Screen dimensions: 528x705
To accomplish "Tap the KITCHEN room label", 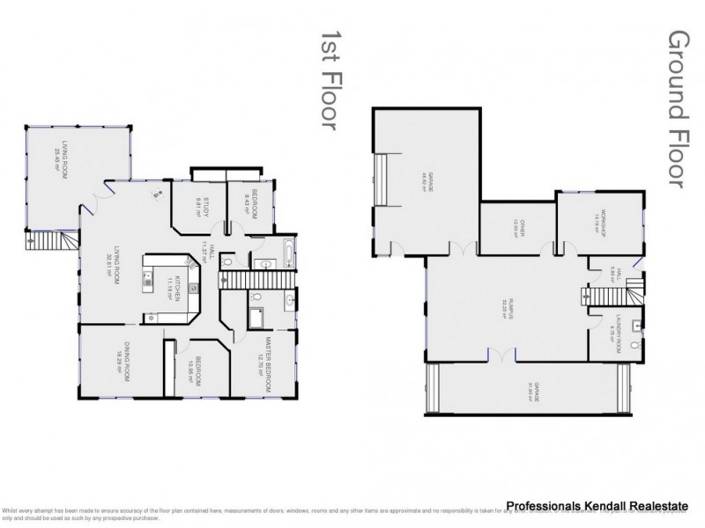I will (x=174, y=288).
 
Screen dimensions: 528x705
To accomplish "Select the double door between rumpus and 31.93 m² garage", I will (x=501, y=356).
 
